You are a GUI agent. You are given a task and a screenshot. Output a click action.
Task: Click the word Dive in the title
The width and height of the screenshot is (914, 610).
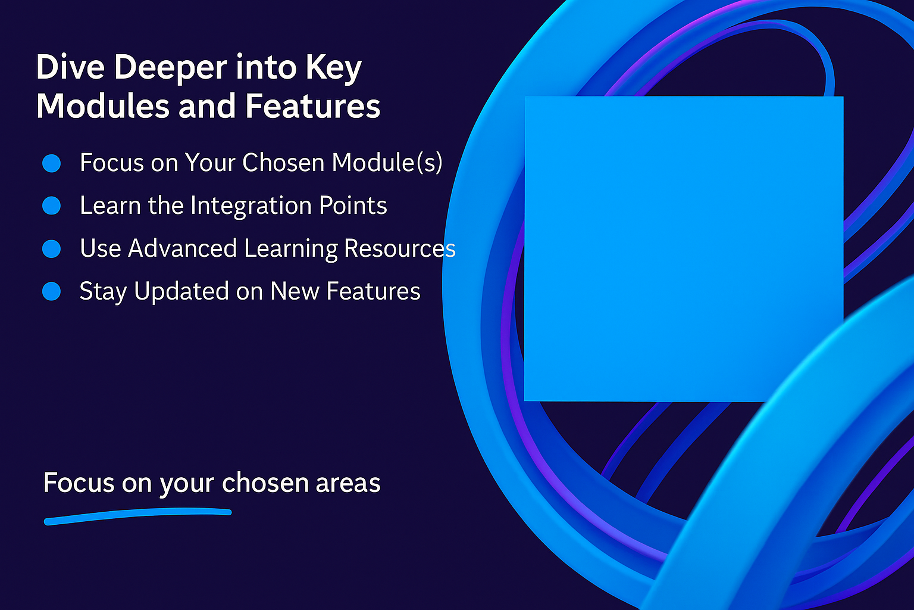70,67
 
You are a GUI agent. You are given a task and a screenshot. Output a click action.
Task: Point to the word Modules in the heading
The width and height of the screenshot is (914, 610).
103,106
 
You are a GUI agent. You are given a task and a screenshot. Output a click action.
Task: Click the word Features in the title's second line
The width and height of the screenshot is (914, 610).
313,106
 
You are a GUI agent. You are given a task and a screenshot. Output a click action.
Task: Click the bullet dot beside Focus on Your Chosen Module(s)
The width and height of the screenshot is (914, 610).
51,163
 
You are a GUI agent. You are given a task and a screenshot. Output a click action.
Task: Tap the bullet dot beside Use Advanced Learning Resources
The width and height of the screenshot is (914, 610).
51,248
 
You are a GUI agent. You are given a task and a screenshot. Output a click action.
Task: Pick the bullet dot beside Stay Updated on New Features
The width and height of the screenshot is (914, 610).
51,291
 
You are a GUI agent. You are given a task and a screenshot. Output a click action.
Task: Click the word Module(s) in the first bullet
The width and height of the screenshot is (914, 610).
387,163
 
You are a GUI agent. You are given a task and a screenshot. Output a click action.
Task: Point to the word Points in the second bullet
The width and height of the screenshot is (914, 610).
353,205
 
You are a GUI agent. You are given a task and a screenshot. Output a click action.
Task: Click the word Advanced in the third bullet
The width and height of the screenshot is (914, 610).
183,248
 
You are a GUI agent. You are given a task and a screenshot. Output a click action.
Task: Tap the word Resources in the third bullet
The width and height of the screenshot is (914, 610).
400,248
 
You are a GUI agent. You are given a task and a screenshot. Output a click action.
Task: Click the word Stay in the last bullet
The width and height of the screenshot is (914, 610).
103,292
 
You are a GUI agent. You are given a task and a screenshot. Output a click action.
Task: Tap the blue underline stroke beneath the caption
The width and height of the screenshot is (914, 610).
137,516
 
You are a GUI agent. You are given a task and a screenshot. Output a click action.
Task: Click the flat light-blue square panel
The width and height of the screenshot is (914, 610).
684,249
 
